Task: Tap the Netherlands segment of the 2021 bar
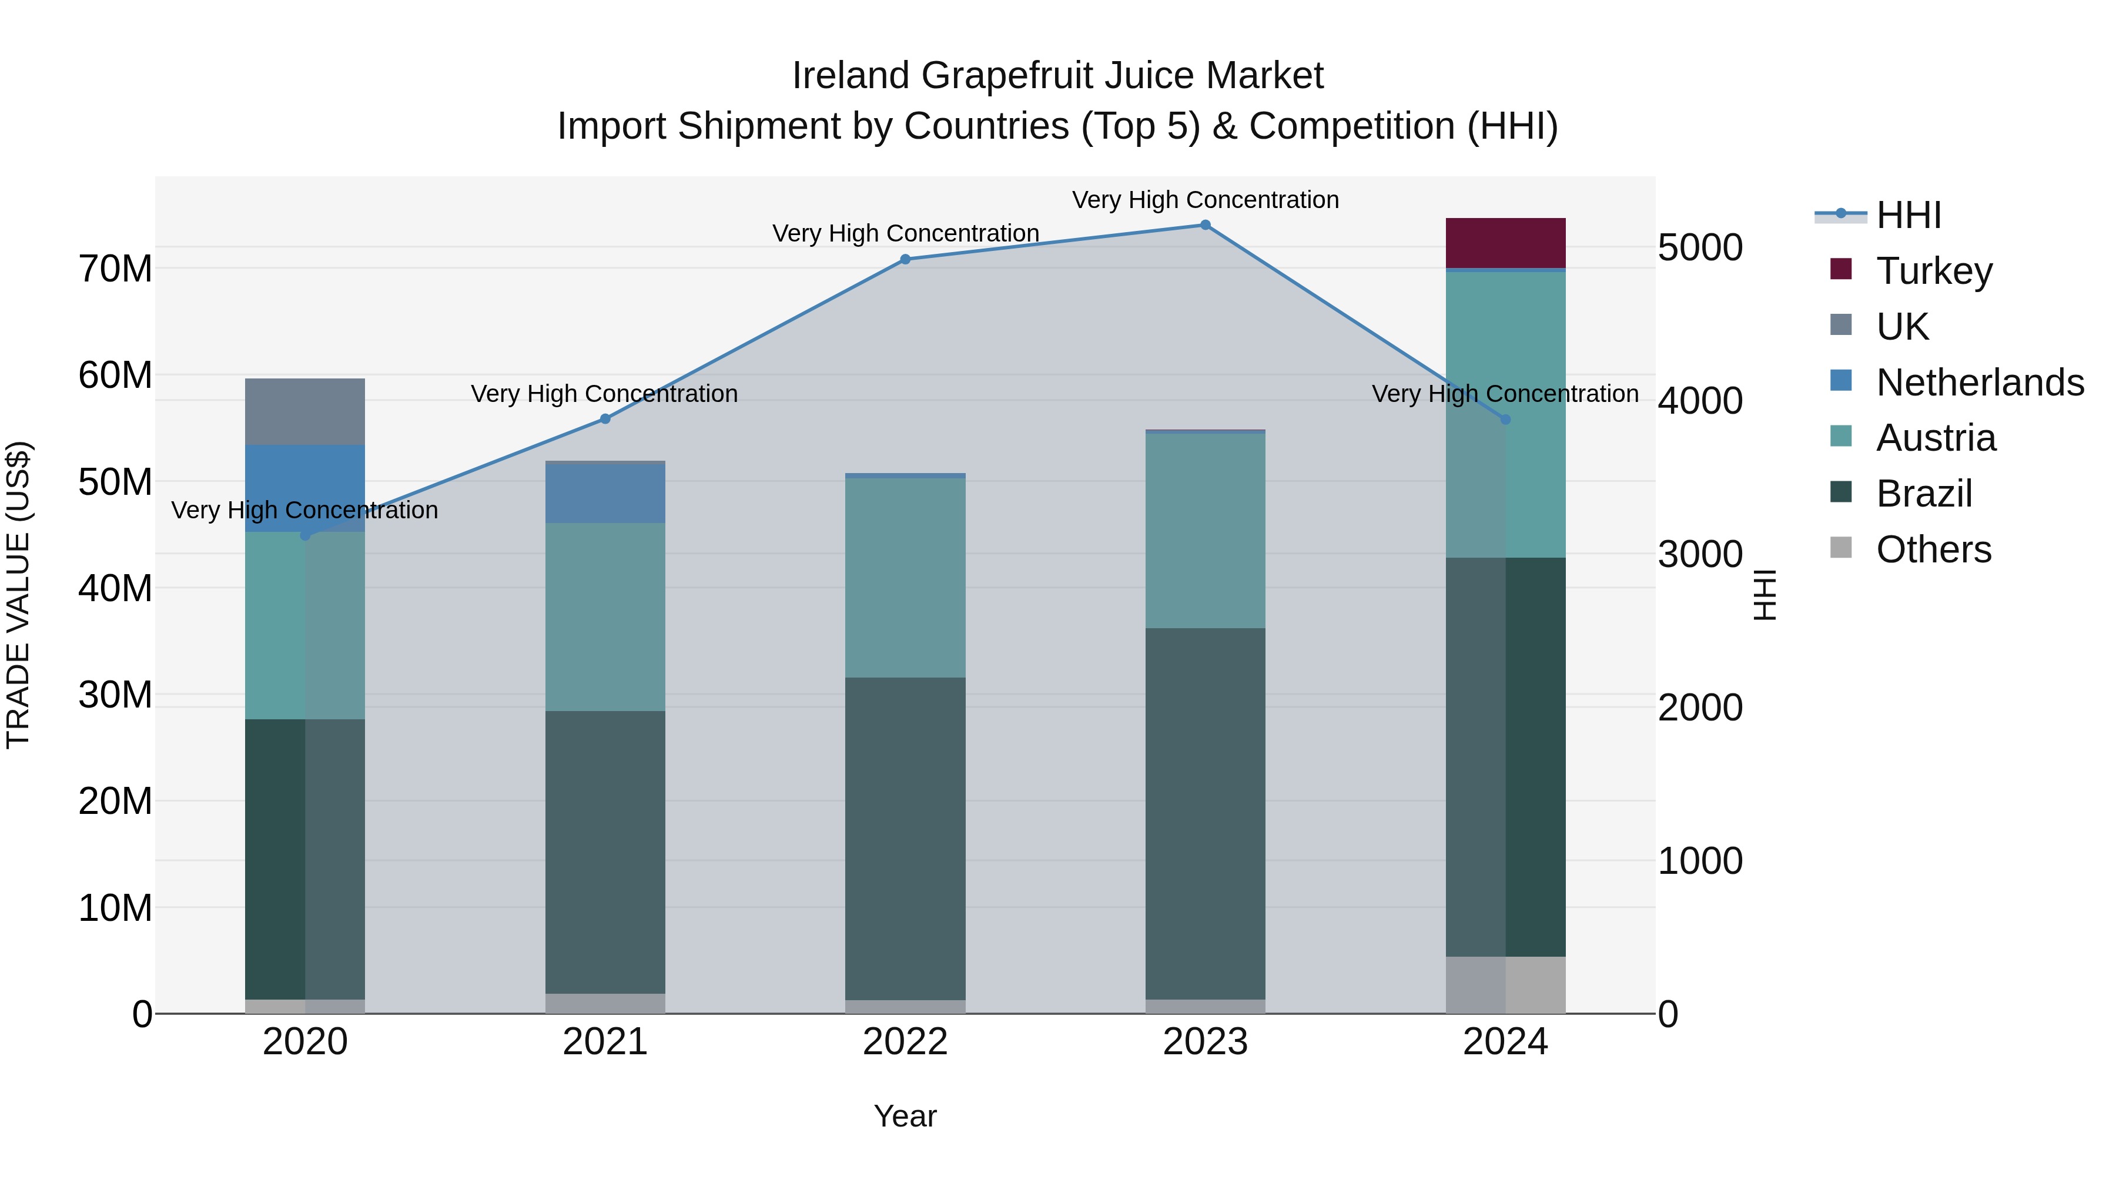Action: coord(605,494)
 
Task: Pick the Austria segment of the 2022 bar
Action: coord(905,577)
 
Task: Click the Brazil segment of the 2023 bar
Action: coord(1205,813)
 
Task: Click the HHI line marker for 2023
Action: coord(1205,225)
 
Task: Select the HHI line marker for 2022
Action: coord(905,260)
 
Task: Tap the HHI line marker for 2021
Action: coord(605,419)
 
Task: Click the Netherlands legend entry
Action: coord(1980,383)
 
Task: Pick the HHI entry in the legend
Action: coord(1908,215)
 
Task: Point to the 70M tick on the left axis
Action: coord(115,269)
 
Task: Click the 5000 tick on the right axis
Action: coord(1699,247)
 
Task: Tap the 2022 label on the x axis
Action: coord(905,1042)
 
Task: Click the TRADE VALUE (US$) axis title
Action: coord(19,595)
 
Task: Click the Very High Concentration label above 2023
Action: coord(1205,200)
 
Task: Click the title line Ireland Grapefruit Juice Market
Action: coord(1057,76)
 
